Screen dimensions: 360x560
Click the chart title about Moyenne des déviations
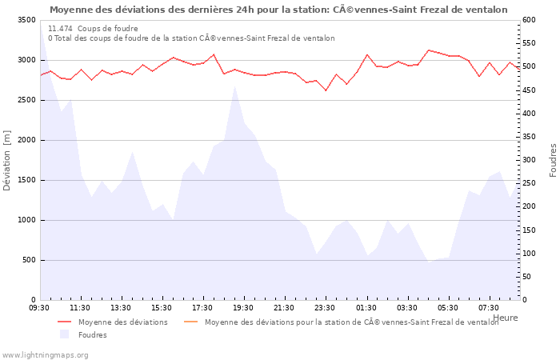pyautogui.click(x=278, y=10)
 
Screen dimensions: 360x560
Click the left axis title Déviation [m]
pyautogui.click(x=7, y=160)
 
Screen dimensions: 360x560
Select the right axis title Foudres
pyautogui.click(x=553, y=160)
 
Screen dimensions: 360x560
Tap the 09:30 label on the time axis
pyautogui.click(x=39, y=308)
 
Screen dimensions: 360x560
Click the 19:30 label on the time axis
pyautogui.click(x=244, y=308)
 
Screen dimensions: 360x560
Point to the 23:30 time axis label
pyautogui.click(x=326, y=308)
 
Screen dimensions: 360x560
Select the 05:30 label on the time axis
pyautogui.click(x=449, y=308)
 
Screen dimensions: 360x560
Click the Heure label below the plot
pyautogui.click(x=506, y=318)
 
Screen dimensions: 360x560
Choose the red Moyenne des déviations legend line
pyautogui.click(x=65, y=322)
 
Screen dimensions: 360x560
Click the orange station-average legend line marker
pyautogui.click(x=191, y=322)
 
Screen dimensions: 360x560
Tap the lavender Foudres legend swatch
pyautogui.click(x=65, y=335)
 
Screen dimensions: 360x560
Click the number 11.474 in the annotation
pyautogui.click(x=60, y=28)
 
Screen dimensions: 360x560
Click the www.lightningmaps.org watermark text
pyautogui.click(x=45, y=355)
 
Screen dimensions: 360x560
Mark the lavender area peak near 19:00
pyautogui.click(x=234, y=87)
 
